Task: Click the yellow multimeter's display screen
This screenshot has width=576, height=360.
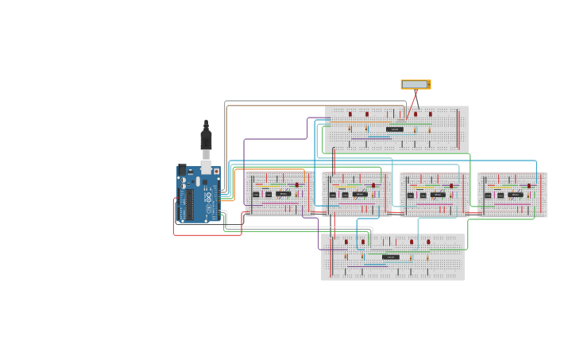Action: point(414,84)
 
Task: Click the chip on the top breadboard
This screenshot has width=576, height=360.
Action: point(394,129)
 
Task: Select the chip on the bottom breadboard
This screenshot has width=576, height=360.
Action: point(391,257)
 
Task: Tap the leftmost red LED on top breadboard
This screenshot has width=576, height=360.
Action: point(350,114)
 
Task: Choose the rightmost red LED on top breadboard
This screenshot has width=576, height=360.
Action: point(431,114)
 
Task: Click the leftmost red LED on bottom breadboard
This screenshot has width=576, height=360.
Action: point(346,242)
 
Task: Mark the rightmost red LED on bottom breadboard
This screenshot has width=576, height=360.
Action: point(428,242)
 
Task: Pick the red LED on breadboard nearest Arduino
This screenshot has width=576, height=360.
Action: point(297,185)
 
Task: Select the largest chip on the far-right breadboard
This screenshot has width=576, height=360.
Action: point(516,194)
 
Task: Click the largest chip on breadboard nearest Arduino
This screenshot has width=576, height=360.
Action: point(283,194)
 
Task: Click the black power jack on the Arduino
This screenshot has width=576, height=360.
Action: point(181,169)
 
